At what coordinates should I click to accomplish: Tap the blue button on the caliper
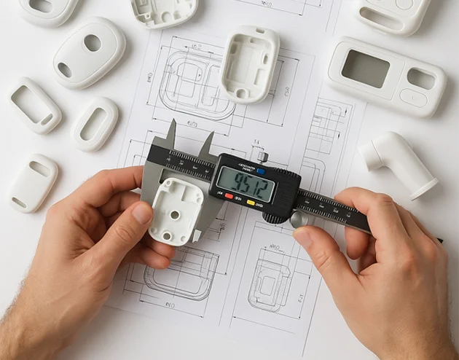[261, 171]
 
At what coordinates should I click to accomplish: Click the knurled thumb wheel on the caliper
[275, 216]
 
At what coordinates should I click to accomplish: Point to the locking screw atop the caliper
[263, 156]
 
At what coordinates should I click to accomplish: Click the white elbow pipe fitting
[400, 163]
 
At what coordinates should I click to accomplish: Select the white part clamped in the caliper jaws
[176, 210]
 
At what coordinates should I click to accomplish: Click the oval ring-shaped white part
[95, 124]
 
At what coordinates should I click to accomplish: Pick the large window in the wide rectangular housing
[365, 69]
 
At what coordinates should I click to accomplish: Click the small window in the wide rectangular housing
[420, 78]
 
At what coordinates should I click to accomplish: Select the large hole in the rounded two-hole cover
[93, 43]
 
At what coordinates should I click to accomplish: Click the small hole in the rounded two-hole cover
[65, 69]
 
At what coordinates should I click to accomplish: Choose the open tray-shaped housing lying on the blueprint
[250, 63]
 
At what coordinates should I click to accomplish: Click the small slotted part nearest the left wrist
[33, 182]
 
